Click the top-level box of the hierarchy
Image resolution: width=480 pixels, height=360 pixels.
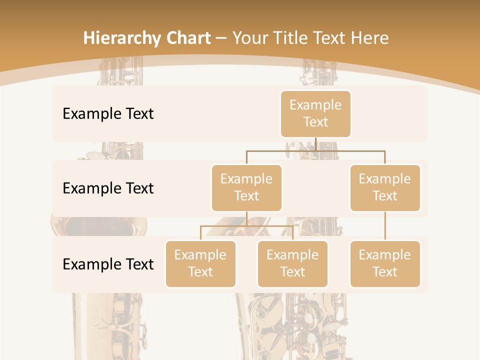click(315, 114)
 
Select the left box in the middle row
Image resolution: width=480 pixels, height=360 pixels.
click(246, 187)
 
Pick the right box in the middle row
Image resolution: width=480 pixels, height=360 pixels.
click(385, 187)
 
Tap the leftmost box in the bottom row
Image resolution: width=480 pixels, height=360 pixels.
click(200, 263)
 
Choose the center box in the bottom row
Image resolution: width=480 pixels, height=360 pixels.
click(292, 263)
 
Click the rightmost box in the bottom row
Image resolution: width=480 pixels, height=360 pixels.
click(385, 263)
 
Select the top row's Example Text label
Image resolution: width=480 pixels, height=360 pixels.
click(108, 114)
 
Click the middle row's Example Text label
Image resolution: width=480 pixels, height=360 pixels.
click(108, 188)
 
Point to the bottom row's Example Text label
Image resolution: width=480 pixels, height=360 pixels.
click(108, 264)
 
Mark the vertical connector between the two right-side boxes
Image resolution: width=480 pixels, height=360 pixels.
click(385, 225)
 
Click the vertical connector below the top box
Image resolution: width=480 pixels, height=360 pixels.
click(315, 144)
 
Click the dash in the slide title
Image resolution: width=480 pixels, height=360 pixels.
click(221, 38)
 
